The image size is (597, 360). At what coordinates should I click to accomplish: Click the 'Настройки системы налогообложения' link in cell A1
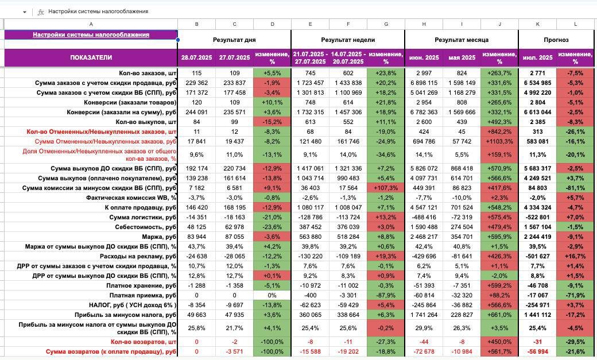click(x=91, y=34)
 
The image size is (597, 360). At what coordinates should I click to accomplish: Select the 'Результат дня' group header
click(x=234, y=40)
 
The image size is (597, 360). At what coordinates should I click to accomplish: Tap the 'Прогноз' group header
click(x=556, y=40)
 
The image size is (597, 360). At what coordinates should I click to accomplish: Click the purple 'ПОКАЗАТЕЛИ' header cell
click(x=91, y=57)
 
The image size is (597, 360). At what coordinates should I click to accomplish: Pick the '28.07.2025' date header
click(x=196, y=57)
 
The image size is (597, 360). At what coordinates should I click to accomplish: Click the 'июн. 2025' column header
click(x=424, y=57)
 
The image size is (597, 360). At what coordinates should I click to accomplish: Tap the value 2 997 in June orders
click(x=424, y=73)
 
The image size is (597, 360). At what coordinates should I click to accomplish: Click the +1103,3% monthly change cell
click(x=499, y=141)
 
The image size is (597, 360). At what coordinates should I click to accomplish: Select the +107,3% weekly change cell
click(x=386, y=188)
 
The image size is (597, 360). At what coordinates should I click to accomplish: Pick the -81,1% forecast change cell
click(x=575, y=188)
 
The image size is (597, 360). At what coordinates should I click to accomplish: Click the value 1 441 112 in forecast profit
click(x=537, y=315)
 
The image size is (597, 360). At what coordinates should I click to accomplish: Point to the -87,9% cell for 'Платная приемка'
click(x=386, y=295)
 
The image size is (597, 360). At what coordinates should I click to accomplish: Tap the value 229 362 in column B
click(x=196, y=83)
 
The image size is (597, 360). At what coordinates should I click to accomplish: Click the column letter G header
click(x=386, y=24)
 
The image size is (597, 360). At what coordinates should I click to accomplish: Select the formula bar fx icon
click(x=41, y=11)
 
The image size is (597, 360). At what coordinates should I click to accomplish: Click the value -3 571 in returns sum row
click(x=234, y=351)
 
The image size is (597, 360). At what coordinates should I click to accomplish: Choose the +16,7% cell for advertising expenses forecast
click(x=575, y=256)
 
